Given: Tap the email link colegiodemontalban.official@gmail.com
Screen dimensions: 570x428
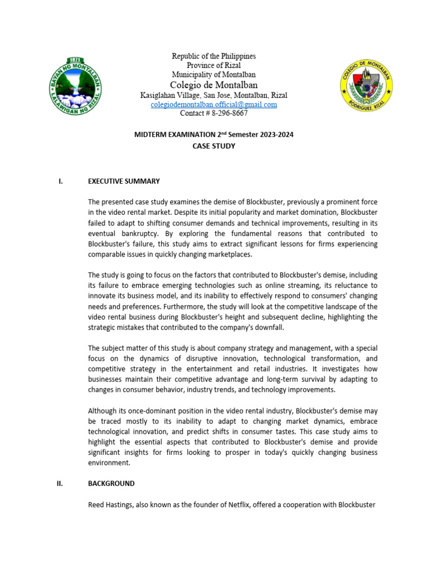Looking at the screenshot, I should point(213,105).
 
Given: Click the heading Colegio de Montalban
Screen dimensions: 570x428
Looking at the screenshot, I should point(213,85).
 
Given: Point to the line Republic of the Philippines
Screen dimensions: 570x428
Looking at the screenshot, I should point(213,56).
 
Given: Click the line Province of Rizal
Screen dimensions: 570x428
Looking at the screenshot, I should point(213,65).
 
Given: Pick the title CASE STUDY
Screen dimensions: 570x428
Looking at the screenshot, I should point(213,146).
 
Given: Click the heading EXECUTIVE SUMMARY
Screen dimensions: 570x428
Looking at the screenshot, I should point(124,181).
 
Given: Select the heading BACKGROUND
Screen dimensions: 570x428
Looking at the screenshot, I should point(111,484).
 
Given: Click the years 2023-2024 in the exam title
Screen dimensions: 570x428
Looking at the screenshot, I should point(274,135).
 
